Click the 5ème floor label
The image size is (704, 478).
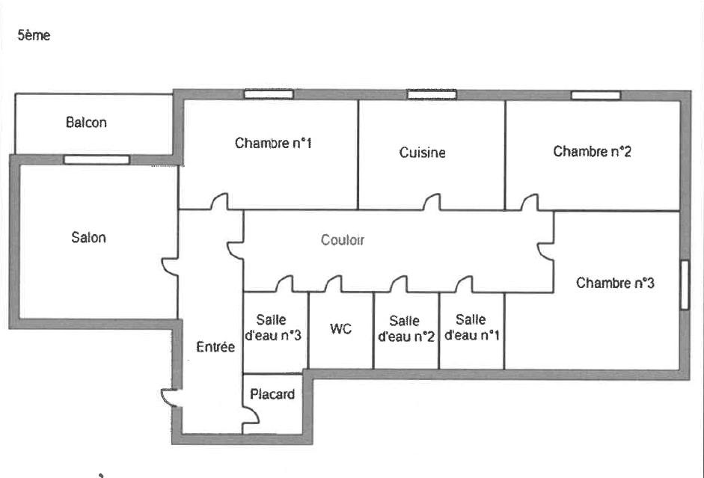click(34, 35)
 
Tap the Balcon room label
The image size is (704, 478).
click(86, 122)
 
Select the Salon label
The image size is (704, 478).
click(88, 237)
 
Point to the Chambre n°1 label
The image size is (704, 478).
click(273, 143)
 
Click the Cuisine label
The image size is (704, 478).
click(422, 153)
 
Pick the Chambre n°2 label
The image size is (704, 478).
click(592, 151)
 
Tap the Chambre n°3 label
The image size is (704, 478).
click(615, 283)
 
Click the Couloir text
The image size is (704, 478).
click(343, 240)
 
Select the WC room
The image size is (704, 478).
click(341, 331)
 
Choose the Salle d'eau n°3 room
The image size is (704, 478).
click(275, 333)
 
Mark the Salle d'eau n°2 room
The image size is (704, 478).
click(406, 331)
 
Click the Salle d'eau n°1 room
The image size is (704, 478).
click(472, 331)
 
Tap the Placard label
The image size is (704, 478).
click(272, 394)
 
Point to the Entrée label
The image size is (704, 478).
click(215, 346)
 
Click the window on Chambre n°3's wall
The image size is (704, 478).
click(685, 285)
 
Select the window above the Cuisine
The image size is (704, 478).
click(432, 94)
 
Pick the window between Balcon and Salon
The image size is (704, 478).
click(97, 160)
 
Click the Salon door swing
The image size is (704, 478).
click(170, 266)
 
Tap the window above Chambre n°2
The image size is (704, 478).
click(596, 95)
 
